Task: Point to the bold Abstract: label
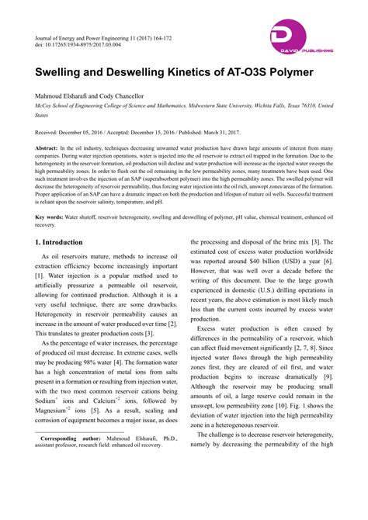pos(51,147)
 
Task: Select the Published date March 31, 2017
pos(261,133)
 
